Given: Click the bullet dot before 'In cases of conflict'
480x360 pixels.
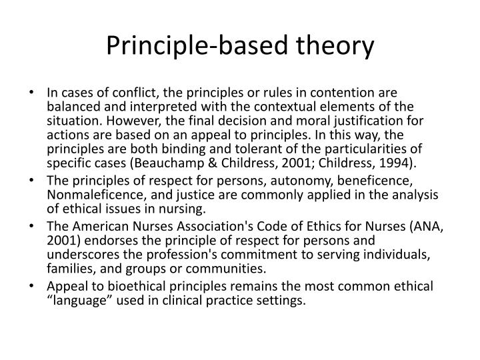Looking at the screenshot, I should point(33,94).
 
